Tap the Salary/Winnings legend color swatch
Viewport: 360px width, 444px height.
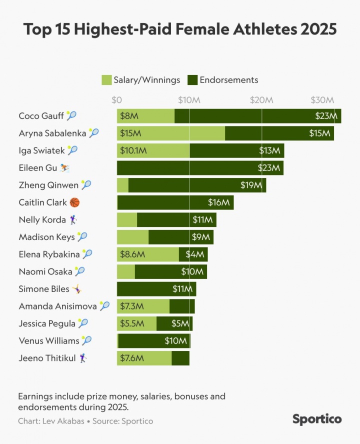[106, 80]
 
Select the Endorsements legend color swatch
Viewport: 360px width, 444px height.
[192, 80]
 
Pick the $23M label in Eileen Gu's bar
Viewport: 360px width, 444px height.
[268, 168]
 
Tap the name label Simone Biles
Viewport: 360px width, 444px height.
[44, 289]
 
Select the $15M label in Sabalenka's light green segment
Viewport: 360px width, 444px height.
[130, 133]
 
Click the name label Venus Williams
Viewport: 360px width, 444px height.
[49, 341]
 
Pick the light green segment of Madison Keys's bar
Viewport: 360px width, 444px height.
[132, 237]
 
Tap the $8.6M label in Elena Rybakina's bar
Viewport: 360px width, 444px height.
[132, 254]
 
